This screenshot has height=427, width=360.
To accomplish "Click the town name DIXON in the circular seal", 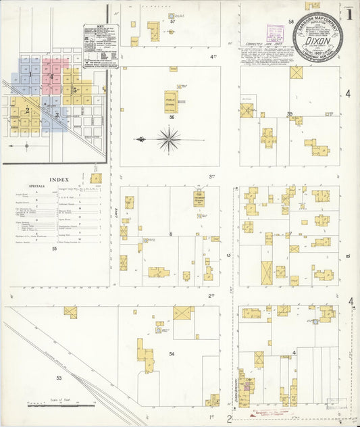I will (317, 40).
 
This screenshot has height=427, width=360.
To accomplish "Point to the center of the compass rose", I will (168, 140).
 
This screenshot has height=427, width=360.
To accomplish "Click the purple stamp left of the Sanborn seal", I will (274, 32).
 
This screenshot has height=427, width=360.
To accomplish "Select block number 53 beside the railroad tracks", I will (59, 378).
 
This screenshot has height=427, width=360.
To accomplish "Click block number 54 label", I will (172, 354).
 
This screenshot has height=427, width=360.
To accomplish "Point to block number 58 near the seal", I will (292, 22).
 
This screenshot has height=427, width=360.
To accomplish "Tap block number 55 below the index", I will (53, 249).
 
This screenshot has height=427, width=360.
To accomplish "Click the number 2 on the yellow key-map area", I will (27, 110).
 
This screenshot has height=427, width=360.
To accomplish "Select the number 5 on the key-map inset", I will (74, 89).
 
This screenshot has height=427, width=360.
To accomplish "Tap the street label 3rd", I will (211, 176).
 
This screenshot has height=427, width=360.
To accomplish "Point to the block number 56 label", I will (172, 117).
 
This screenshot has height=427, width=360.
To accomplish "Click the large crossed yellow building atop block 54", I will (182, 313).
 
